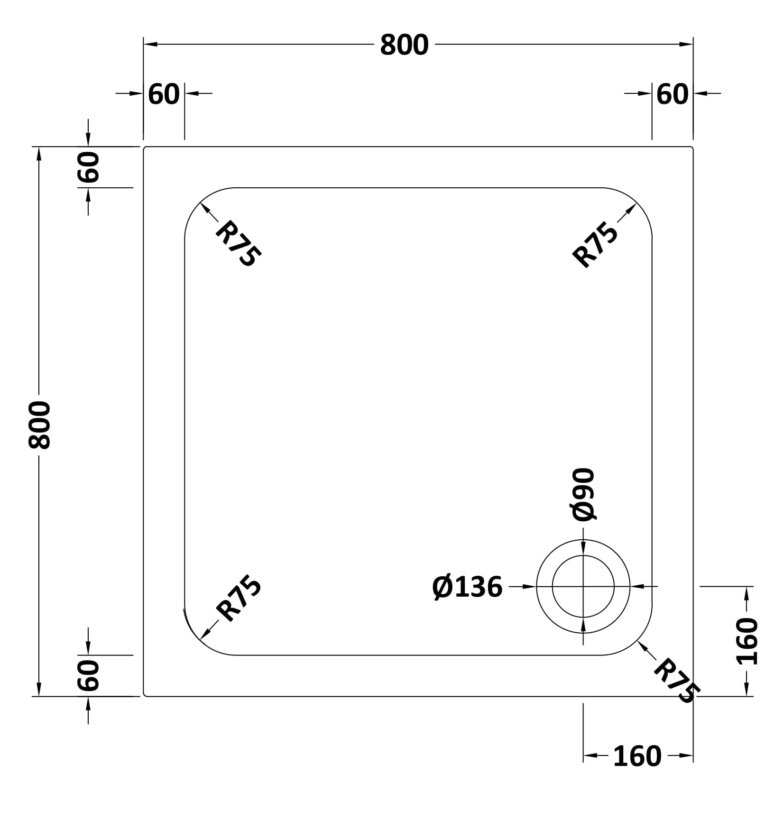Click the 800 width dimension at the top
(x=404, y=45)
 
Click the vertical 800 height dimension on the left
(x=39, y=424)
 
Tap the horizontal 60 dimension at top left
(x=164, y=94)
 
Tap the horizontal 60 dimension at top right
(x=672, y=94)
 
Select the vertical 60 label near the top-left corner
(x=88, y=167)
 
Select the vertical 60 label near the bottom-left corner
(x=88, y=675)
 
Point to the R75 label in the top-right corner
(x=596, y=245)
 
